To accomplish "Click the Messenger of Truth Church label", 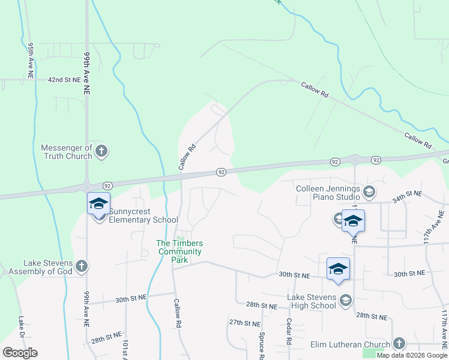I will (67, 152).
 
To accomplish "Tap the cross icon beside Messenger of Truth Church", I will (101, 151).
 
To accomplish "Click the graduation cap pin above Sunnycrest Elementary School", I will (98, 203).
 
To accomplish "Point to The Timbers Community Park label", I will (179, 251).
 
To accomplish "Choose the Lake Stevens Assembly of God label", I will (48, 267).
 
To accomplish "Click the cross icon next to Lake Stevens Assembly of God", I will (82, 266).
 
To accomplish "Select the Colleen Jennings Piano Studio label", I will (328, 193).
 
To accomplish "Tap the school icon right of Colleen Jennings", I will (369, 192).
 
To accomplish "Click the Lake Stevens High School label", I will (311, 301).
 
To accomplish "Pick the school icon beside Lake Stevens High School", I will (345, 300).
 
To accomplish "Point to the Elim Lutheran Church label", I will (351, 344).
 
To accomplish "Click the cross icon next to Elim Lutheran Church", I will (399, 344).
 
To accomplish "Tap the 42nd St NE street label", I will (64, 79).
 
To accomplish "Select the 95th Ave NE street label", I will (30, 60).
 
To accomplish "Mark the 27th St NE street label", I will (243, 322).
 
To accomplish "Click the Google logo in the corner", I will (20, 353).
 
